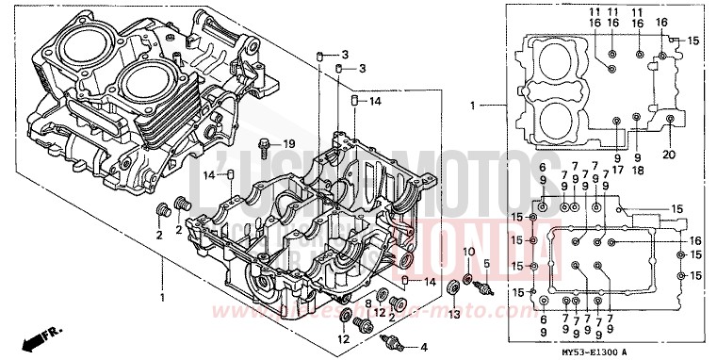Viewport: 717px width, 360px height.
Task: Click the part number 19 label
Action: pos(289,143)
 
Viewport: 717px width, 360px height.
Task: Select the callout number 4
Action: pos(423,346)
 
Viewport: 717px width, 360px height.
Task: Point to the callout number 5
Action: pos(487,263)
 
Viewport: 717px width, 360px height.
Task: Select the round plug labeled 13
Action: pos(451,286)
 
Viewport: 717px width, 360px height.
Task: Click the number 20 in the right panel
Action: pos(670,155)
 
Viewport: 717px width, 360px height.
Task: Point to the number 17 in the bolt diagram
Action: pos(619,171)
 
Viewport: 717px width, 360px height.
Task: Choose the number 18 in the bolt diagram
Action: pos(638,171)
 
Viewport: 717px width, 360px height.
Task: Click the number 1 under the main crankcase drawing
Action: pos(161,298)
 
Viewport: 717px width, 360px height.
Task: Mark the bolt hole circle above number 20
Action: pos(670,120)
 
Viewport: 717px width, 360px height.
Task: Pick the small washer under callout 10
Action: pos(468,280)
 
